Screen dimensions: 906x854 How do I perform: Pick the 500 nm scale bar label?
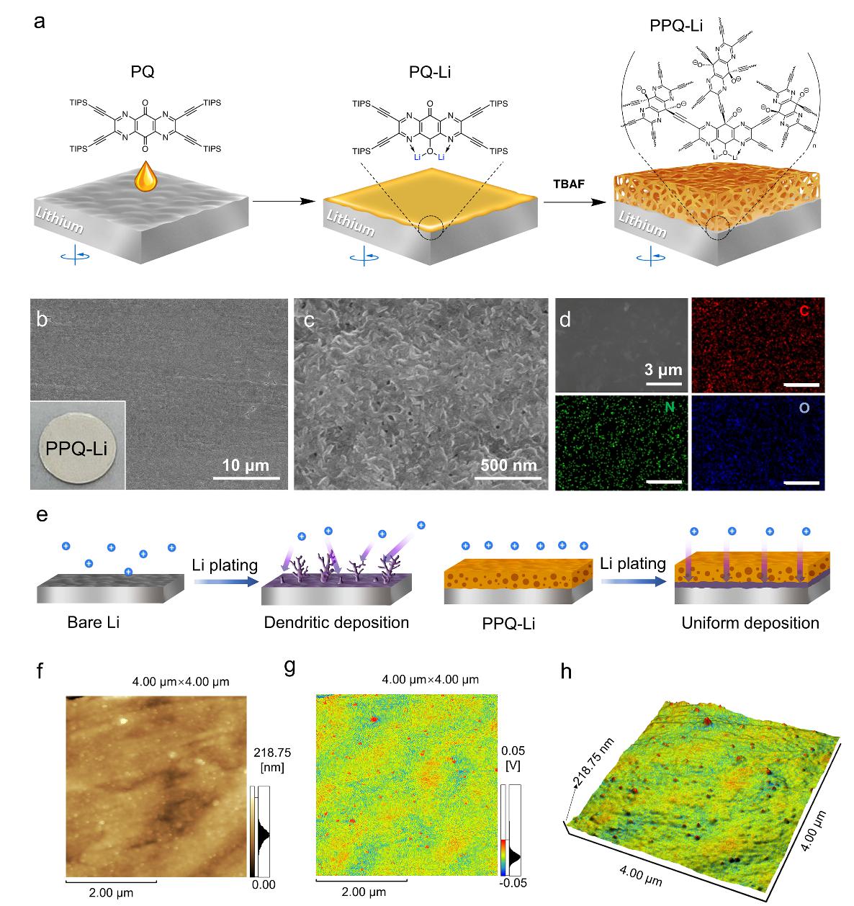click(509, 465)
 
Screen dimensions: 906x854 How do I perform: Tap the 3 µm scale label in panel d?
click(663, 372)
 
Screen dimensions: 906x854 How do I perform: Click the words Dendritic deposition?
click(336, 622)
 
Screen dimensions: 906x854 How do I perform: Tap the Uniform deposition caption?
click(750, 623)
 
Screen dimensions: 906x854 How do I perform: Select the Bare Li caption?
click(94, 622)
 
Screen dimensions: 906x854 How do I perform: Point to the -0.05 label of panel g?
click(515, 884)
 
